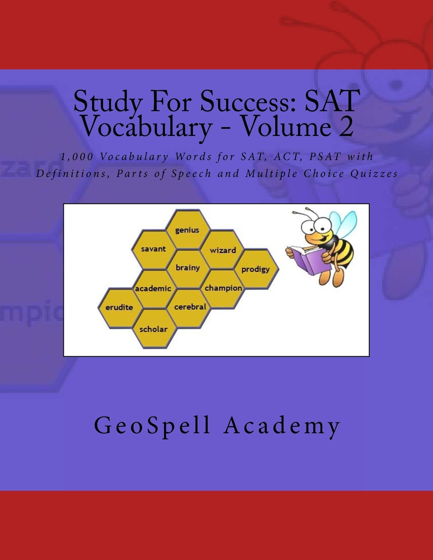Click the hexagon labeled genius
click(187, 229)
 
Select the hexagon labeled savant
click(153, 249)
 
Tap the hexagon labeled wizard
click(222, 250)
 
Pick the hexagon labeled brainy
click(187, 268)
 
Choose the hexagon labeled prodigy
click(256, 269)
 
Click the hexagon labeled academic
click(153, 288)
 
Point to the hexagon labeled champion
click(223, 288)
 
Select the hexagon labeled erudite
click(119, 307)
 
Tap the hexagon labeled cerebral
click(190, 307)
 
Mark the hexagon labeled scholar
click(153, 329)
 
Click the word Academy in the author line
click(282, 426)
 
